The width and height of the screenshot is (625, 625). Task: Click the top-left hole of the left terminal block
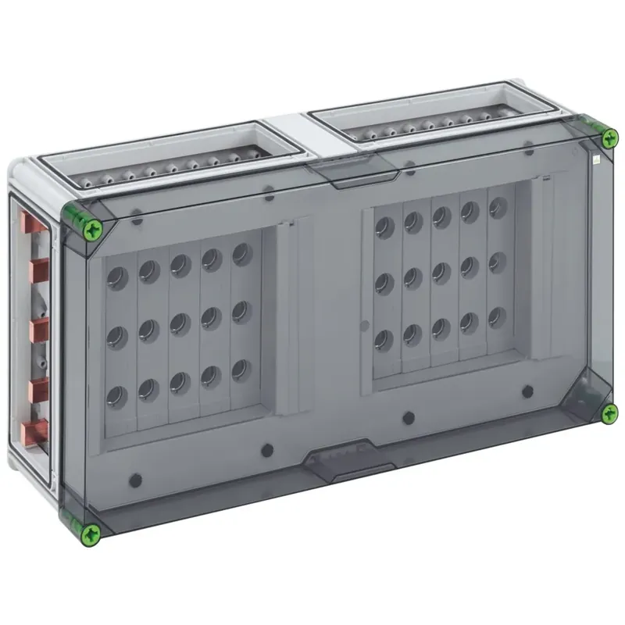117,277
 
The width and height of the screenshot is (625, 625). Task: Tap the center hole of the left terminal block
179,322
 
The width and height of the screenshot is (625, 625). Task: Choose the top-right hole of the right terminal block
496,209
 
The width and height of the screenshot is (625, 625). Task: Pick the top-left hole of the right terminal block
384,227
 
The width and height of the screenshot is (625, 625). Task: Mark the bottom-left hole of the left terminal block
117,395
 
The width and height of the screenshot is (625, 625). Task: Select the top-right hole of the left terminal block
241,253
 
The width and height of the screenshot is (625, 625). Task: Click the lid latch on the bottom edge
348,462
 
